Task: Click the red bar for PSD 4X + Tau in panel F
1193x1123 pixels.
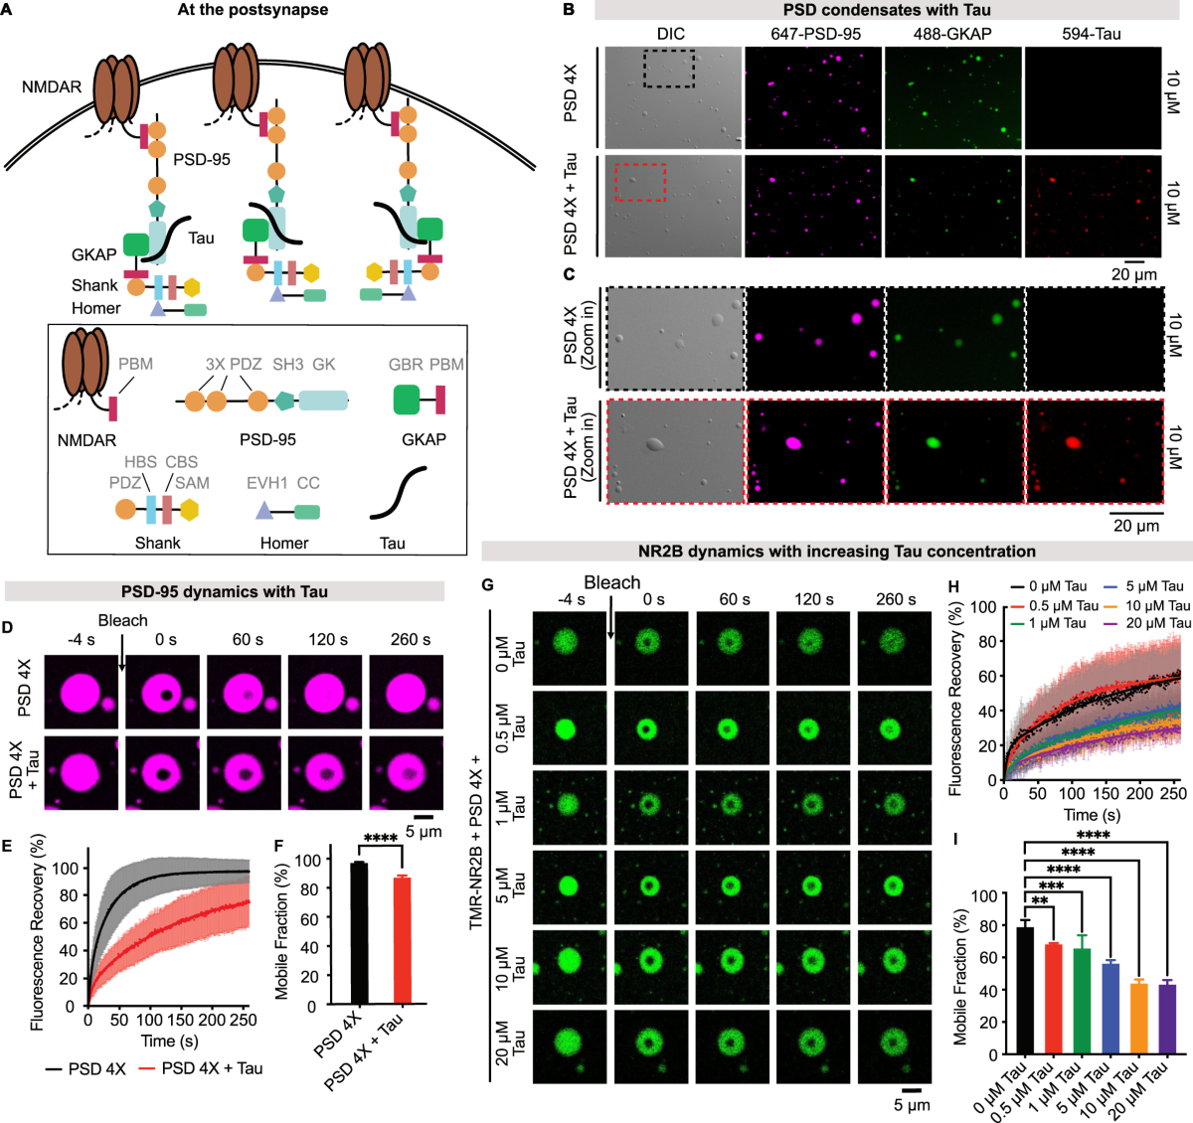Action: coord(402,940)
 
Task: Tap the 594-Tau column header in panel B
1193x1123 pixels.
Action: coord(1091,34)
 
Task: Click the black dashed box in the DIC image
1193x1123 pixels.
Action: coord(669,69)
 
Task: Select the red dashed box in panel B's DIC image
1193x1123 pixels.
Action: coord(640,182)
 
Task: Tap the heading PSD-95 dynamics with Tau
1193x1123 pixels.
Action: coord(225,591)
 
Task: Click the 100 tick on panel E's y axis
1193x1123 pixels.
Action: coord(65,868)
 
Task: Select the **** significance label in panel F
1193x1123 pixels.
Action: coord(381,840)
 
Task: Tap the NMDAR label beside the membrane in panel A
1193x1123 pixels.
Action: coord(52,87)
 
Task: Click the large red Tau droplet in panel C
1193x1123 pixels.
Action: coord(1073,442)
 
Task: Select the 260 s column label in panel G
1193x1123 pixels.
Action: coord(896,599)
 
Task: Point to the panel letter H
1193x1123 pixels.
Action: coord(953,586)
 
